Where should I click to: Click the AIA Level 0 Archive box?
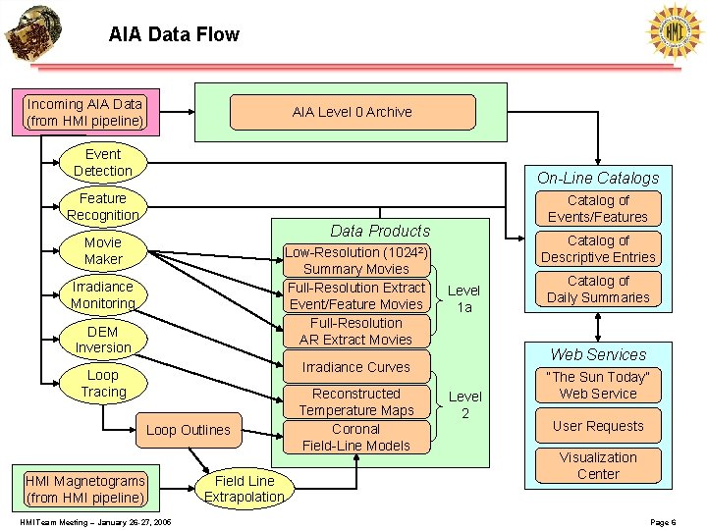[x=353, y=112]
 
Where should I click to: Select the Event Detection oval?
[x=103, y=163]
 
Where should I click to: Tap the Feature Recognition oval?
[x=103, y=207]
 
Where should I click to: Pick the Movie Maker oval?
[x=103, y=251]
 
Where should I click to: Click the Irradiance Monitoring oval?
[x=103, y=295]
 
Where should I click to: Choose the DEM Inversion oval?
[x=103, y=340]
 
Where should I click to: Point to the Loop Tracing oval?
[x=103, y=384]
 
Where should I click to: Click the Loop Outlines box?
[x=189, y=430]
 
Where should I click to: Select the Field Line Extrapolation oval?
[x=244, y=489]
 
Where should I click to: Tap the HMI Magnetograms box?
[x=85, y=490]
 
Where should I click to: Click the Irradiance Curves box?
[x=356, y=367]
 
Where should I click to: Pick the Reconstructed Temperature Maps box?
[x=356, y=402]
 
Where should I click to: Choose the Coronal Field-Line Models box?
[x=356, y=437]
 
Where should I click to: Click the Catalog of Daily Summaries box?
[x=598, y=290]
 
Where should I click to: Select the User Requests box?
[x=598, y=426]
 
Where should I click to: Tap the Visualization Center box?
[x=598, y=466]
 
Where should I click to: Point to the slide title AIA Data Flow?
[x=174, y=34]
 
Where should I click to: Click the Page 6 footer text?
[x=663, y=522]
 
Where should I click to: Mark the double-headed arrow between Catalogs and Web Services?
[x=598, y=327]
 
